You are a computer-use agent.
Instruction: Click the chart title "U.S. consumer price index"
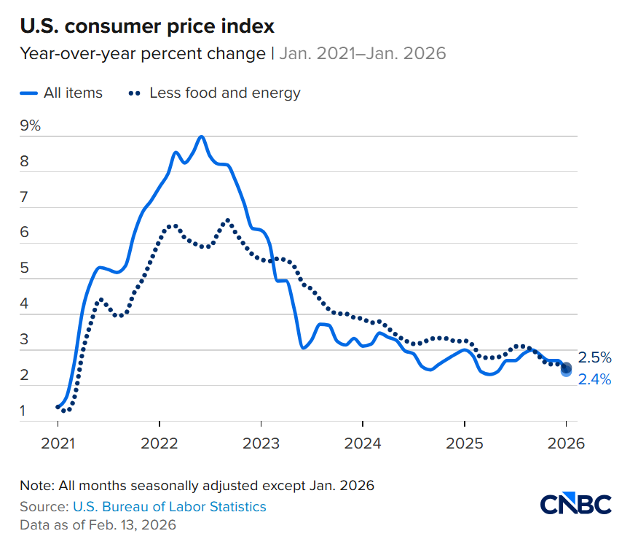[x=147, y=26]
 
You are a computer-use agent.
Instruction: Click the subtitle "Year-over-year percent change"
[x=142, y=54]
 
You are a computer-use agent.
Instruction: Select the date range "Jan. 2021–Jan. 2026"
[x=363, y=54]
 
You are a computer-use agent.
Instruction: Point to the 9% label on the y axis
[x=31, y=125]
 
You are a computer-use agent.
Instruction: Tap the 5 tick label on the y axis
[x=24, y=268]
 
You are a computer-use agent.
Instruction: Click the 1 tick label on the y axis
[x=23, y=411]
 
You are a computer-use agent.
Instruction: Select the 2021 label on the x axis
[x=58, y=443]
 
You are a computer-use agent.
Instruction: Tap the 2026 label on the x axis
[x=566, y=443]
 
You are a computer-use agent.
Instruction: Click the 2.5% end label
[x=594, y=357]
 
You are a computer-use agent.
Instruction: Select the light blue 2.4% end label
[x=594, y=379]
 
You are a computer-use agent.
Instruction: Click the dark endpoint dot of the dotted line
[x=567, y=368]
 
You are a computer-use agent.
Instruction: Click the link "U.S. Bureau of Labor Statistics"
[x=169, y=506]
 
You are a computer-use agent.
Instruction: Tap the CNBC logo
[x=575, y=505]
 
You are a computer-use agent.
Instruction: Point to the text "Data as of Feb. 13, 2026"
[x=98, y=524]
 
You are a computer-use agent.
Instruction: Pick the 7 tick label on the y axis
[x=24, y=197]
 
